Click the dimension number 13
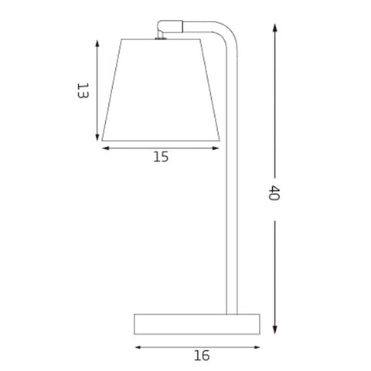pyautogui.click(x=83, y=90)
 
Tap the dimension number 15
pyautogui.click(x=161, y=157)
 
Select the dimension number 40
pyautogui.click(x=274, y=192)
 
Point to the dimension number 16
pyautogui.click(x=202, y=356)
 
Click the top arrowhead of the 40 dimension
pyautogui.click(x=275, y=27)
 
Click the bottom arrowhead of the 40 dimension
pyautogui.click(x=275, y=330)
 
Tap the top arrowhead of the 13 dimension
pyautogui.click(x=97, y=43)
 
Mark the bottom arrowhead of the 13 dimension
pyautogui.click(x=97, y=137)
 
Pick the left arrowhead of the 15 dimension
pyautogui.click(x=106, y=148)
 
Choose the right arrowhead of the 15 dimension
pyautogui.click(x=216, y=148)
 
